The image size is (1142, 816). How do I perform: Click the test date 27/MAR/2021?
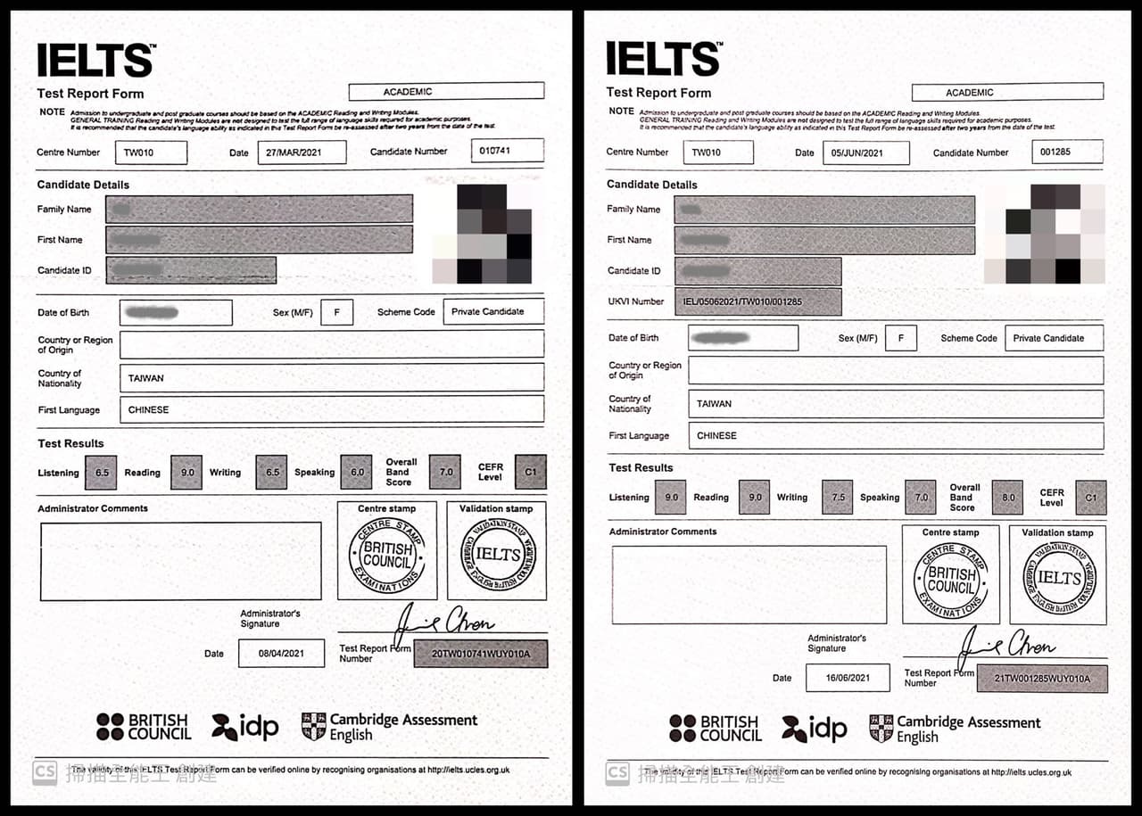tap(302, 152)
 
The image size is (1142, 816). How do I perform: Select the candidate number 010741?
tap(507, 151)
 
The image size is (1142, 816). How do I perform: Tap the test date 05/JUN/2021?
tap(865, 153)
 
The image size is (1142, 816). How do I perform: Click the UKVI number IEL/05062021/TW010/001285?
tap(757, 301)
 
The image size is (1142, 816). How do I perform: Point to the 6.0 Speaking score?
tap(357, 473)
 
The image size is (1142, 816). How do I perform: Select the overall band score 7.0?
tap(445, 472)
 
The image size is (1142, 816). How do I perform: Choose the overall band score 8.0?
tap(1008, 498)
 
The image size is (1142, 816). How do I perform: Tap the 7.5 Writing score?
tap(837, 498)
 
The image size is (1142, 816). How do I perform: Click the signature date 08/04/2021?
tap(281, 654)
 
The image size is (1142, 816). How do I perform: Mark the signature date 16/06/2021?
tap(847, 678)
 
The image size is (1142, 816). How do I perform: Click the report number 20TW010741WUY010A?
tap(481, 654)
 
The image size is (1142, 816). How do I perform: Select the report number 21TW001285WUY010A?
tap(1042, 679)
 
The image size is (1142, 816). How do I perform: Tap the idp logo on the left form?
tap(245, 727)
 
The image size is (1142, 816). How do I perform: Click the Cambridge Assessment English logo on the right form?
tap(954, 729)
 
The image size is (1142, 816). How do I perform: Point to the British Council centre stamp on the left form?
tap(386, 554)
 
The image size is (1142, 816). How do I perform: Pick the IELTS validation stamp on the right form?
tap(1059, 578)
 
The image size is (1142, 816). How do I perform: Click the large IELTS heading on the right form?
tap(663, 59)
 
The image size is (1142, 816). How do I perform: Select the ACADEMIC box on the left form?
tap(446, 91)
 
